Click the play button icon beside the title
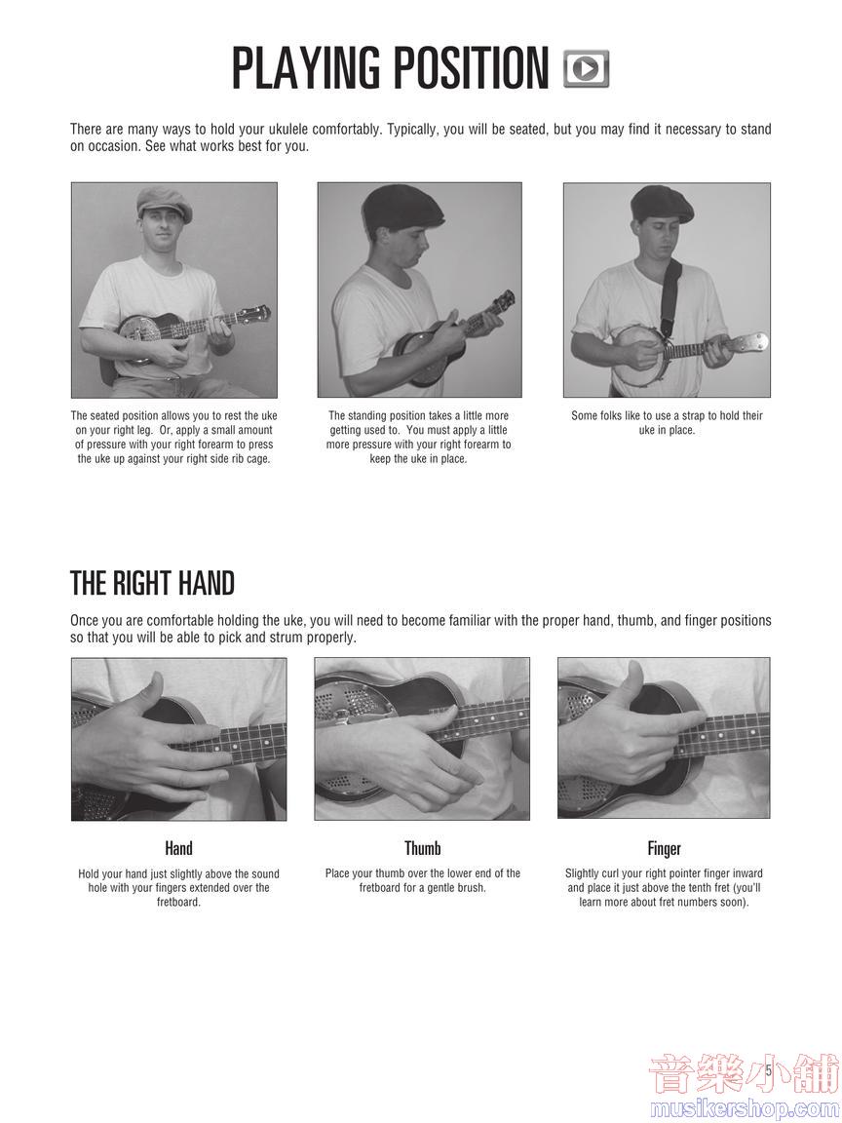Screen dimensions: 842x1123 click(587, 69)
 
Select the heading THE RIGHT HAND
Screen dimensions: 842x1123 click(152, 584)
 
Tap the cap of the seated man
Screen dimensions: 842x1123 click(165, 203)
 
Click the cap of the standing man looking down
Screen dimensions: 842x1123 click(402, 208)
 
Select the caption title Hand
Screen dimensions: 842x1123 click(178, 849)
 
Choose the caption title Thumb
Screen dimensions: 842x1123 click(422, 849)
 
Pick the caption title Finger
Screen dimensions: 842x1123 click(665, 849)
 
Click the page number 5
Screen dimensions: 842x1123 click(768, 1071)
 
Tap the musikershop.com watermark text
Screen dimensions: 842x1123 click(745, 1108)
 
